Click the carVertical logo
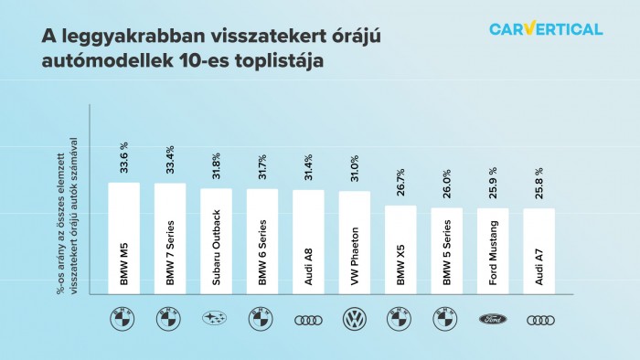tap(546, 29)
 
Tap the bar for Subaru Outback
tap(216, 241)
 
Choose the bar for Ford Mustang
tap(493, 250)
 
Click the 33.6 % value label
tap(124, 156)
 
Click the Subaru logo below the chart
tap(216, 320)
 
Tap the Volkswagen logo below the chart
tap(354, 320)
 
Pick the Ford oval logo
tap(493, 320)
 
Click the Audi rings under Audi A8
tap(308, 320)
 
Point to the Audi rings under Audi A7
tap(539, 320)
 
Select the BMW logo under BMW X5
tap(400, 320)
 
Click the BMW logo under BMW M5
tap(123, 320)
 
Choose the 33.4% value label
tap(170, 158)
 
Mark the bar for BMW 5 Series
tap(447, 250)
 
